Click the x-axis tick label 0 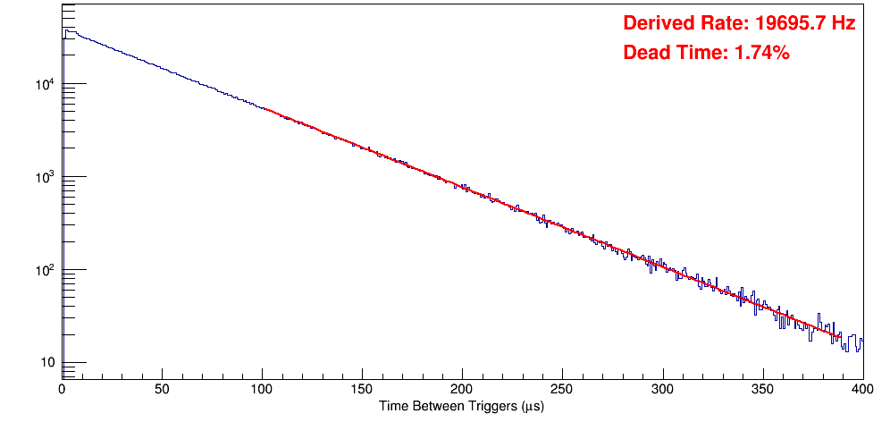click(x=62, y=389)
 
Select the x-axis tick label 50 click(x=162, y=389)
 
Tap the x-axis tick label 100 click(x=262, y=389)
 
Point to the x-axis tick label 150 click(x=362, y=389)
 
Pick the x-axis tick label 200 click(x=462, y=389)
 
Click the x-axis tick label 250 click(x=562, y=389)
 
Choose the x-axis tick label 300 click(x=662, y=389)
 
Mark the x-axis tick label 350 click(x=762, y=389)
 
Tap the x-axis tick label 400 click(x=862, y=389)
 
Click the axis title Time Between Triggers click(x=461, y=407)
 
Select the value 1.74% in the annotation click(x=761, y=54)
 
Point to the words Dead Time click(x=674, y=54)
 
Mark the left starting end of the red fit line click(x=264, y=109)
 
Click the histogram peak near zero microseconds click(x=65, y=30)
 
